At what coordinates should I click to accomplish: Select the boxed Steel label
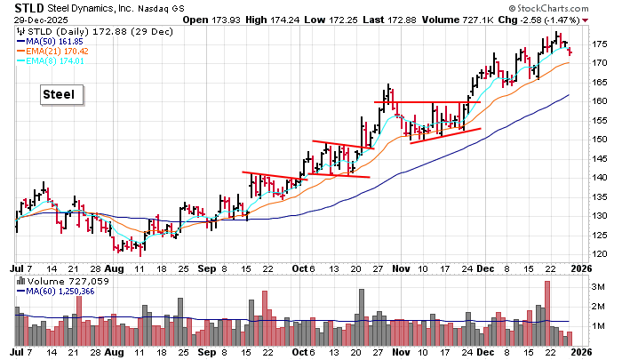61,94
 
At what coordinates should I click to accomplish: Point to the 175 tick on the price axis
601,44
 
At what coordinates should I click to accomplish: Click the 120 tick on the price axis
601,254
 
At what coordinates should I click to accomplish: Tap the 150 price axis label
601,140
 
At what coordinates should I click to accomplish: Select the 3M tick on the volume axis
599,287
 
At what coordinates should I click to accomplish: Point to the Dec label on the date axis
485,267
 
